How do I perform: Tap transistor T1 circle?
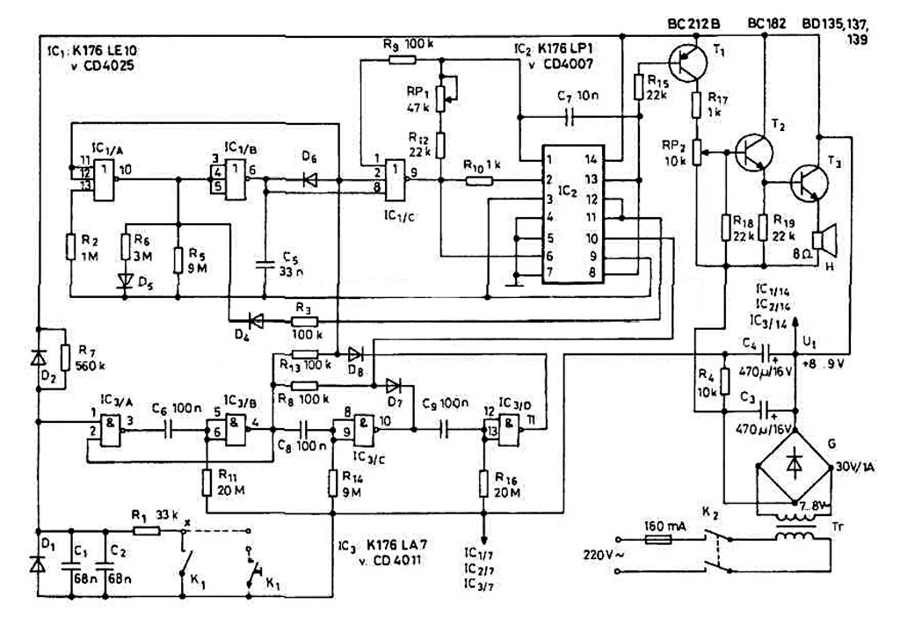[x=686, y=62]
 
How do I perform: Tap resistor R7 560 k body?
[x=64, y=357]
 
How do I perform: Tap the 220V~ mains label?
[x=603, y=556]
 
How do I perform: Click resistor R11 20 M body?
[x=207, y=481]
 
